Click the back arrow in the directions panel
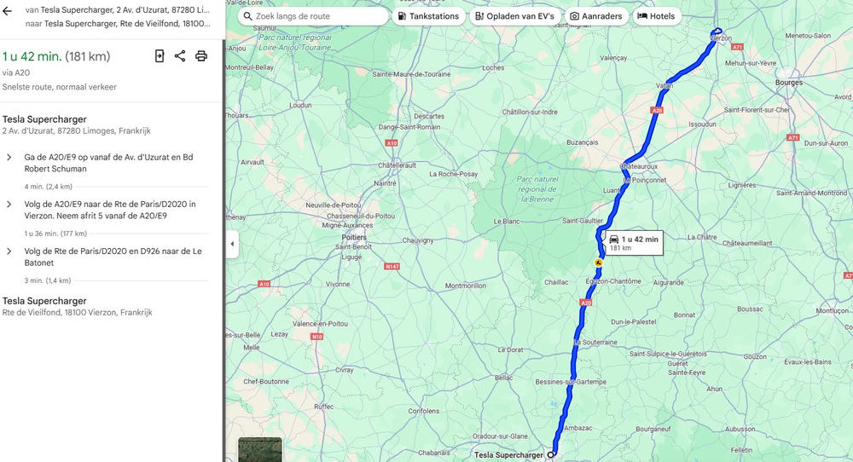pos(8,11)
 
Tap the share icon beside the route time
pos(180,56)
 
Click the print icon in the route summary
pos(201,56)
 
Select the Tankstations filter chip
pos(428,16)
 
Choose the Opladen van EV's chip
pos(514,16)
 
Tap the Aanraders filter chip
pos(596,16)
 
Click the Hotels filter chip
pos(656,16)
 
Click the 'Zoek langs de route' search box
pos(313,16)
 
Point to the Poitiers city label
pos(353,237)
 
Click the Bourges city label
pos(789,83)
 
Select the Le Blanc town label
pos(506,221)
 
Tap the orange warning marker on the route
pos(598,263)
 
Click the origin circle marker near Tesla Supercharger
pos(551,455)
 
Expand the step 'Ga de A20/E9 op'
pos(9,158)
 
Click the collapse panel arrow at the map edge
pos(232,244)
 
